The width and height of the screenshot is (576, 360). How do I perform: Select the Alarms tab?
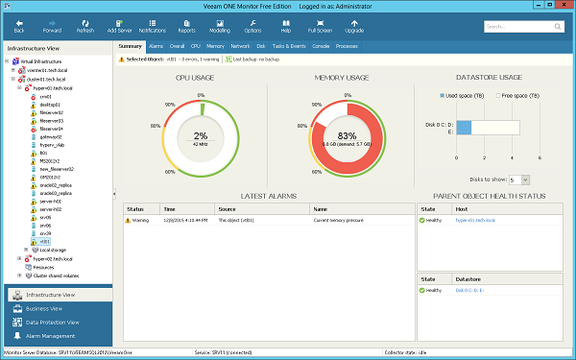(x=156, y=46)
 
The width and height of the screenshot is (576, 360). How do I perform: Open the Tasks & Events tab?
(x=289, y=46)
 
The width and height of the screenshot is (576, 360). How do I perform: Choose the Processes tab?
(x=348, y=46)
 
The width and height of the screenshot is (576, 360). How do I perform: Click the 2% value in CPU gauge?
(x=201, y=135)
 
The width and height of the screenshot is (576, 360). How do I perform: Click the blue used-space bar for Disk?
(x=463, y=127)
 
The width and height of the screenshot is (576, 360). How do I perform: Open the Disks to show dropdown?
(x=519, y=180)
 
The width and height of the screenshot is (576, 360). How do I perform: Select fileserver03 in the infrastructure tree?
(x=53, y=120)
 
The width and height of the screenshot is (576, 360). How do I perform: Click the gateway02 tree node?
(x=50, y=136)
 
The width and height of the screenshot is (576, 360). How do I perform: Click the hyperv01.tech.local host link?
(x=477, y=220)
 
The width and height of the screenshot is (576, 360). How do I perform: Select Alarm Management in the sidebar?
(x=52, y=336)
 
